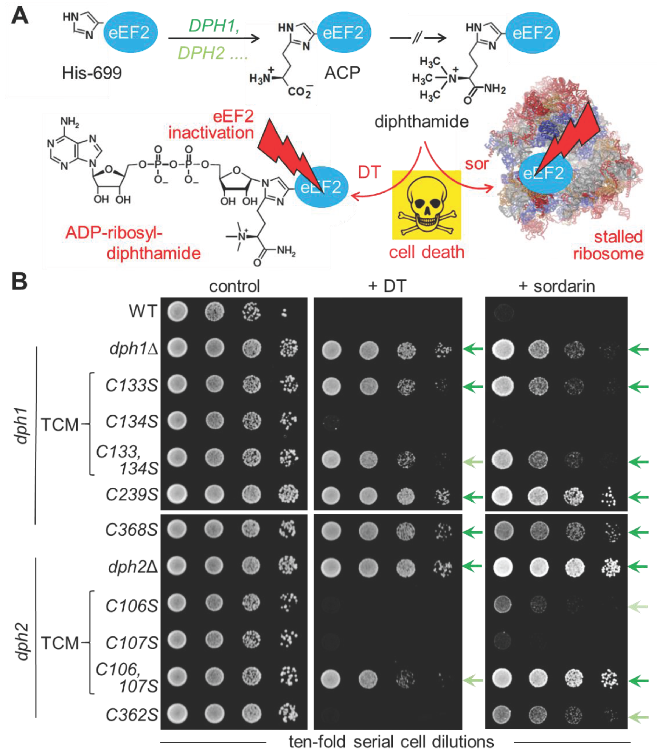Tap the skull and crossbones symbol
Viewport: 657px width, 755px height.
coord(426,205)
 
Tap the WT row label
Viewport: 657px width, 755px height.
coord(143,311)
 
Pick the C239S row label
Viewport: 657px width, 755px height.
coord(132,494)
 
